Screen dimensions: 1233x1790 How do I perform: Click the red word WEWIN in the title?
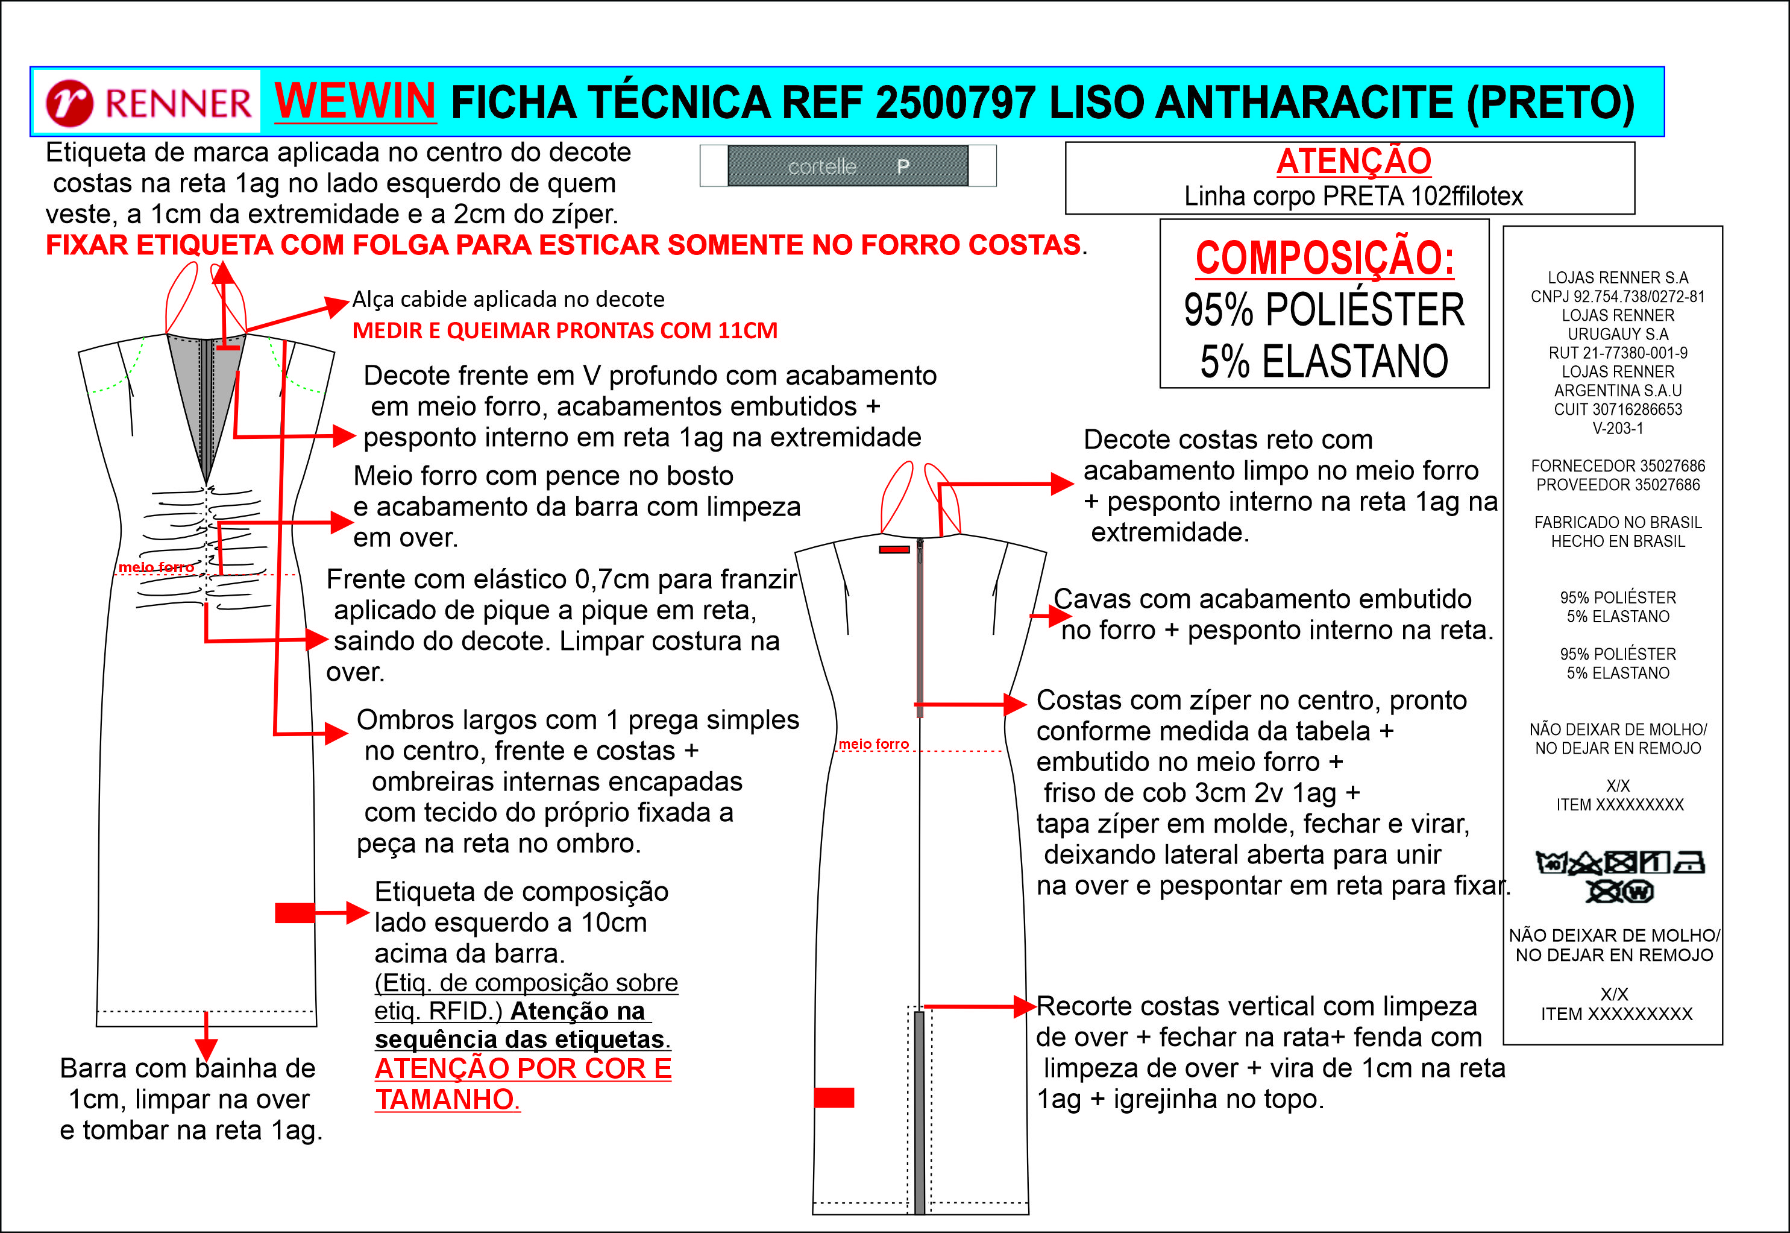[354, 101]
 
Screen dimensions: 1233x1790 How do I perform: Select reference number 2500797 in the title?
[956, 102]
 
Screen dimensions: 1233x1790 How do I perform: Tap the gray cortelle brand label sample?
[847, 166]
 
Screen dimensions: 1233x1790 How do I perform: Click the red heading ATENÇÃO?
[1353, 162]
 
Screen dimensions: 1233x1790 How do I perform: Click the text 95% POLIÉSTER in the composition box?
[1324, 310]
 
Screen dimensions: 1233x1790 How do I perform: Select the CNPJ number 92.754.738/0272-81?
[1617, 297]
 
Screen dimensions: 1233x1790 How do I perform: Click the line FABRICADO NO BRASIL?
[1617, 522]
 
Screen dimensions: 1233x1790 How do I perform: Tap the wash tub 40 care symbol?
[1551, 862]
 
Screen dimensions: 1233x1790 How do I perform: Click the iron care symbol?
[1689, 862]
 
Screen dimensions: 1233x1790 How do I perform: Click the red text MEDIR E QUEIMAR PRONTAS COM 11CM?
[565, 330]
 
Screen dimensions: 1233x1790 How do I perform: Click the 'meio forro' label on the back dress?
[873, 744]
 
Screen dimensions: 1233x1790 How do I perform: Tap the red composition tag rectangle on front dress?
[294, 912]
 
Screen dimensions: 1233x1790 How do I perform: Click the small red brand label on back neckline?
[894, 549]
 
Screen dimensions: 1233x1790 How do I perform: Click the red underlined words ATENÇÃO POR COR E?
[523, 1068]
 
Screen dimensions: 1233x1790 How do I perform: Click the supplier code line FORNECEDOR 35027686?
[1617, 466]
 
